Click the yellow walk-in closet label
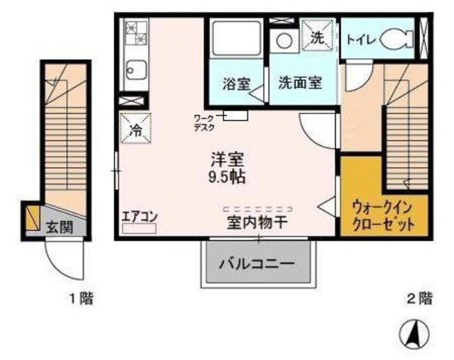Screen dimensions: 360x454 coord(383,216)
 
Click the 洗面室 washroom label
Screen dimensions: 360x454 coord(299,82)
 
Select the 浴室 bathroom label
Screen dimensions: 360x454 coord(236,83)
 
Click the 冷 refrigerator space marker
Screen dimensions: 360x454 coord(135,128)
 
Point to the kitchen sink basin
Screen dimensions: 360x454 coord(135,69)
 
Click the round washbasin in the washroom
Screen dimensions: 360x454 coord(284,40)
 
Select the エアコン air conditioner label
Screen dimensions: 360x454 coord(139,216)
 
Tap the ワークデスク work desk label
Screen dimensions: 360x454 coord(205,123)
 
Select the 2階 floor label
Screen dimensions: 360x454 coord(420,298)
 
